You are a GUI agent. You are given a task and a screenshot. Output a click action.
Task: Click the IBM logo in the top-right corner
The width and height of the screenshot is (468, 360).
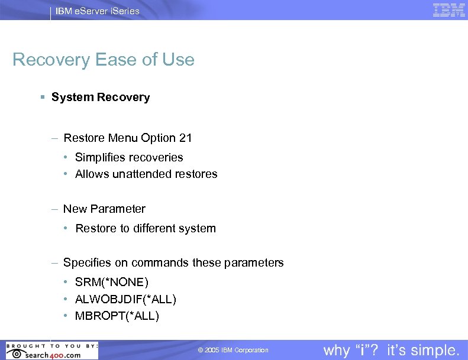coord(448,10)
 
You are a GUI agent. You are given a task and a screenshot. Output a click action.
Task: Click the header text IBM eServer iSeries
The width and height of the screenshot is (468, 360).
coord(98,11)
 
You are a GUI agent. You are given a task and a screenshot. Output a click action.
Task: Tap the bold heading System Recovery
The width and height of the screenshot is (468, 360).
coord(101,97)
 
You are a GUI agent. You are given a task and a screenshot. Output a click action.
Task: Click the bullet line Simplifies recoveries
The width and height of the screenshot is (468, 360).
coord(129,157)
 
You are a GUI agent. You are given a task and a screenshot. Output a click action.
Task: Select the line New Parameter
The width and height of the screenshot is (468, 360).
coord(104,209)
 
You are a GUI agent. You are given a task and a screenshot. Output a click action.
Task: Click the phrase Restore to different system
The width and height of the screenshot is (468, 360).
coord(146,228)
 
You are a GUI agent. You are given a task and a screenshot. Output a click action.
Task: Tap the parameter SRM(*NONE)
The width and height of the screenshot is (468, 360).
coord(112,282)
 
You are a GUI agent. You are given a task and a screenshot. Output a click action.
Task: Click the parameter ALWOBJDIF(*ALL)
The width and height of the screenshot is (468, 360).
coord(125,299)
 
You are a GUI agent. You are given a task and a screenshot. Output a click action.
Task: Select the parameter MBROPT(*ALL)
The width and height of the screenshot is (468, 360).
coord(117,316)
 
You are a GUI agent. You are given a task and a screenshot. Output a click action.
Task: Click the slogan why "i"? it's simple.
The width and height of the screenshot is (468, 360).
coord(391,350)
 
